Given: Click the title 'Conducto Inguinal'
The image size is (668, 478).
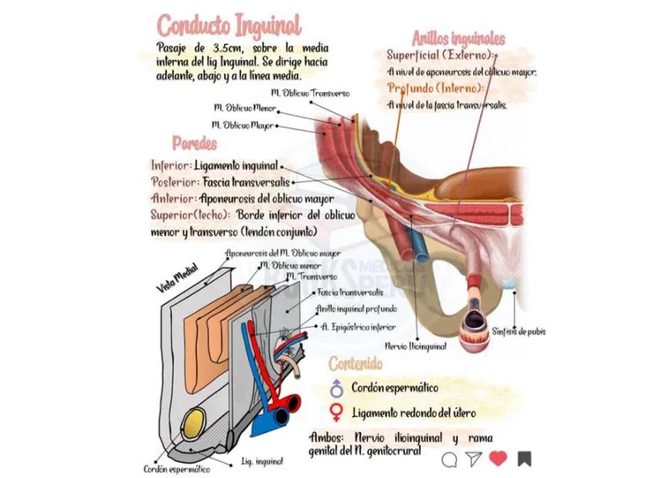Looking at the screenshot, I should click(x=229, y=24).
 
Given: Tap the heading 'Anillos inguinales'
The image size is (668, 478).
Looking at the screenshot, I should click(x=458, y=38).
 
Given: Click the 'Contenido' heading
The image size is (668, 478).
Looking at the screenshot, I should click(x=355, y=363).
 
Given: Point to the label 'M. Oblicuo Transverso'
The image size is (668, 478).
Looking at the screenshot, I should click(x=311, y=92).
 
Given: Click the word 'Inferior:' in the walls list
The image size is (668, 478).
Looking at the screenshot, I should click(x=171, y=165).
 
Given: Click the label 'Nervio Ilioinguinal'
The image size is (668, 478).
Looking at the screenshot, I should click(x=415, y=346).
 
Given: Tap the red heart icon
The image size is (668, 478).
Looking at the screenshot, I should click(x=498, y=458).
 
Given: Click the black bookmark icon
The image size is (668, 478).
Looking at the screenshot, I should click(x=524, y=458).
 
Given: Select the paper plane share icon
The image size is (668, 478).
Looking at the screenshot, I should click(x=474, y=458).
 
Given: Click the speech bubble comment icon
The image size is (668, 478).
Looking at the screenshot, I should click(x=450, y=459).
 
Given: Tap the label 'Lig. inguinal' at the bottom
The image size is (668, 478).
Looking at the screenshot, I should click(x=262, y=461).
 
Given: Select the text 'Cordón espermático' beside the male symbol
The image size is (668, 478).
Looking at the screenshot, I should click(x=394, y=387).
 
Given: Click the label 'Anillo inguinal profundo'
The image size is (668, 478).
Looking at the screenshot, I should click(x=356, y=308).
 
